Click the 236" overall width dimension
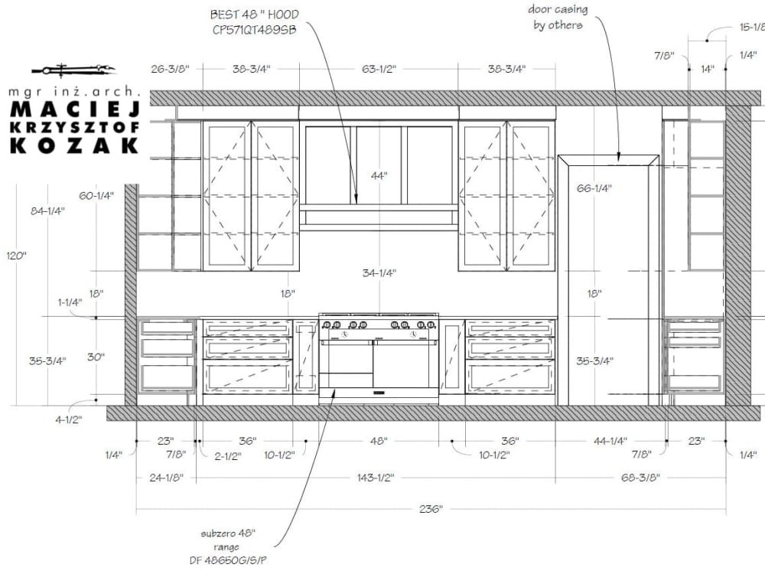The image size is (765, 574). click(x=431, y=509)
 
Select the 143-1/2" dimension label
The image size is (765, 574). click(x=376, y=478)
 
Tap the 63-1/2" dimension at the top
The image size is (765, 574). click(x=379, y=69)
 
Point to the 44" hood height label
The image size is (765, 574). click(x=379, y=176)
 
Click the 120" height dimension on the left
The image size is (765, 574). click(x=16, y=256)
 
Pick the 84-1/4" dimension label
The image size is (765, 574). click(x=47, y=211)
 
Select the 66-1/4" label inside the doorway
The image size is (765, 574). click(x=594, y=188)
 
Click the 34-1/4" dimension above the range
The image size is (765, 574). click(x=379, y=273)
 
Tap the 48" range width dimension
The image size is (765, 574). click(x=379, y=441)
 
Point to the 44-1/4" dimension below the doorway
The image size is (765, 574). click(x=610, y=441)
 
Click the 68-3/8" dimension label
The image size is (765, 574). click(x=640, y=478)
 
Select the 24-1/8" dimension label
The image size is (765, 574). click(x=166, y=478)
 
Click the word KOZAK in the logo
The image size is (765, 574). click(x=75, y=146)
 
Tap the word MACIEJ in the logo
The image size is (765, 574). click(x=75, y=109)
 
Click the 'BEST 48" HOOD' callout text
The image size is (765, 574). click(x=254, y=15)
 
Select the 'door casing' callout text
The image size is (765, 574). click(x=558, y=10)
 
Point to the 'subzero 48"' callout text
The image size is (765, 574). click(x=228, y=533)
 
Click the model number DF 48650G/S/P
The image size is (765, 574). click(x=228, y=560)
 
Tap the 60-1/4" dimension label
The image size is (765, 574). click(x=96, y=196)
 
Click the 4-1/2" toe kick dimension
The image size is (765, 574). click(x=68, y=419)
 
